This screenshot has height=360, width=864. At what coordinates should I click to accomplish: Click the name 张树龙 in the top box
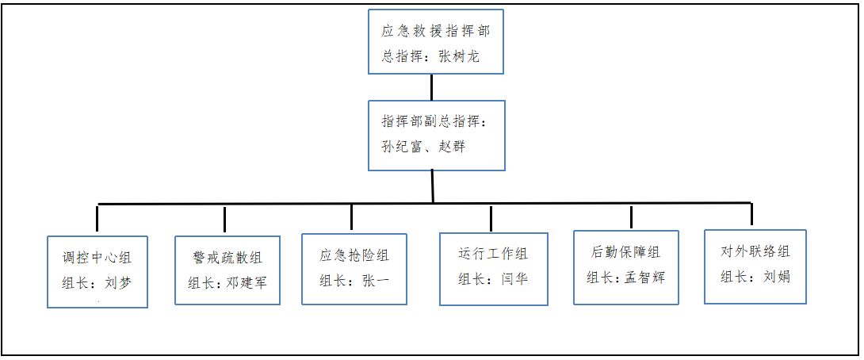(460, 58)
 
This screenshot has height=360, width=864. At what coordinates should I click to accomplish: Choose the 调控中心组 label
(97, 257)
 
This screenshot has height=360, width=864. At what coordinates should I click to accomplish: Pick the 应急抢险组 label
(354, 255)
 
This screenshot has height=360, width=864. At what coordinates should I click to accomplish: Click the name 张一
(376, 279)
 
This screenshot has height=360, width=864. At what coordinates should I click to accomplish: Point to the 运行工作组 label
(493, 255)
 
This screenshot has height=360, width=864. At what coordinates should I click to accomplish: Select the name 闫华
(514, 278)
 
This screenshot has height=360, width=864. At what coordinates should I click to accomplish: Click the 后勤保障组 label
(625, 253)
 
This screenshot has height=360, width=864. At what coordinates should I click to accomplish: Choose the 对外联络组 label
(755, 252)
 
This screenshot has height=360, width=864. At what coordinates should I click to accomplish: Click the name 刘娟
(777, 277)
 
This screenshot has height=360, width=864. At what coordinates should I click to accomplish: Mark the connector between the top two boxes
(431, 87)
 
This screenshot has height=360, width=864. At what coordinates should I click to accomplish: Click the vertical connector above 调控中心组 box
(97, 219)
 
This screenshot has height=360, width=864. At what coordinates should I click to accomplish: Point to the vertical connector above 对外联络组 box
(751, 215)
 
